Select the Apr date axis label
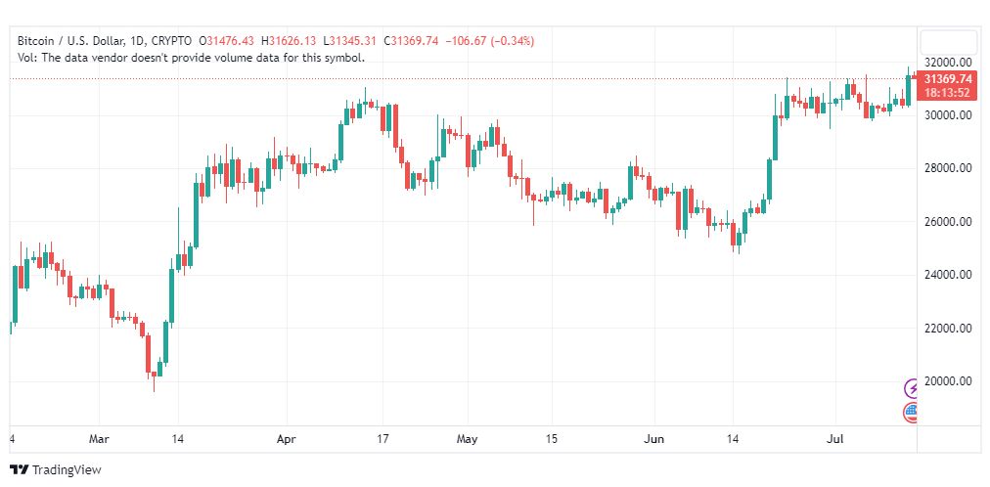[287, 439]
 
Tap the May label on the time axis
[468, 439]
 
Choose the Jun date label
[653, 439]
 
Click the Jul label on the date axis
[835, 439]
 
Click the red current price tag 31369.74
[949, 78]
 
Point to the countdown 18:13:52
[949, 92]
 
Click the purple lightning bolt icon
[913, 388]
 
